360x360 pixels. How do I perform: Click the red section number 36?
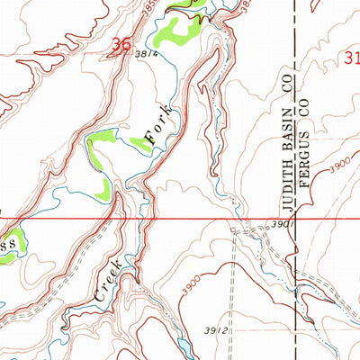(x=124, y=43)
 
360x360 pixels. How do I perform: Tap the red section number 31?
(x=352, y=58)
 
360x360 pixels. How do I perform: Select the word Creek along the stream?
(x=113, y=277)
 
